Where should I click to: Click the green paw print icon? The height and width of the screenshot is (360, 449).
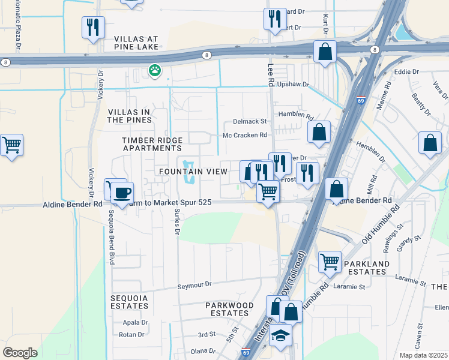pos(155,71)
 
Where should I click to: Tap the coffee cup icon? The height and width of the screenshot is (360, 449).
pos(122,193)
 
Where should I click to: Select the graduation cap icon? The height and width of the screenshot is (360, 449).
pos(280,337)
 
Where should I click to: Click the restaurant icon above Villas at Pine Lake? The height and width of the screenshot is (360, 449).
pos(93,27)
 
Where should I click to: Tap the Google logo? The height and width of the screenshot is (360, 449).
pos(20,353)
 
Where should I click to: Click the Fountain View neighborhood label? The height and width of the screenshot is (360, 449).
pos(193,172)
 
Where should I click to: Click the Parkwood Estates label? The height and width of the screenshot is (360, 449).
pos(230,310)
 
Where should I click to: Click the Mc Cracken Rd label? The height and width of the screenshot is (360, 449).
pos(244,136)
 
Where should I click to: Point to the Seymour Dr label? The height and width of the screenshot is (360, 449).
pos(194,285)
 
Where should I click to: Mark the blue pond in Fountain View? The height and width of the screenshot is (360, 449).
pos(189,172)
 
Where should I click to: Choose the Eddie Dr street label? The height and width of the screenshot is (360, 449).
pos(406,72)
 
